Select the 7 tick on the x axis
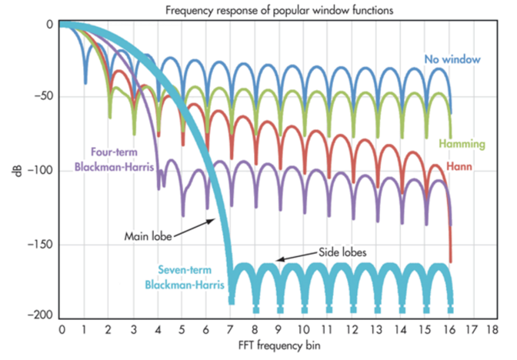click(x=231, y=330)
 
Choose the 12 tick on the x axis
click(x=352, y=330)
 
